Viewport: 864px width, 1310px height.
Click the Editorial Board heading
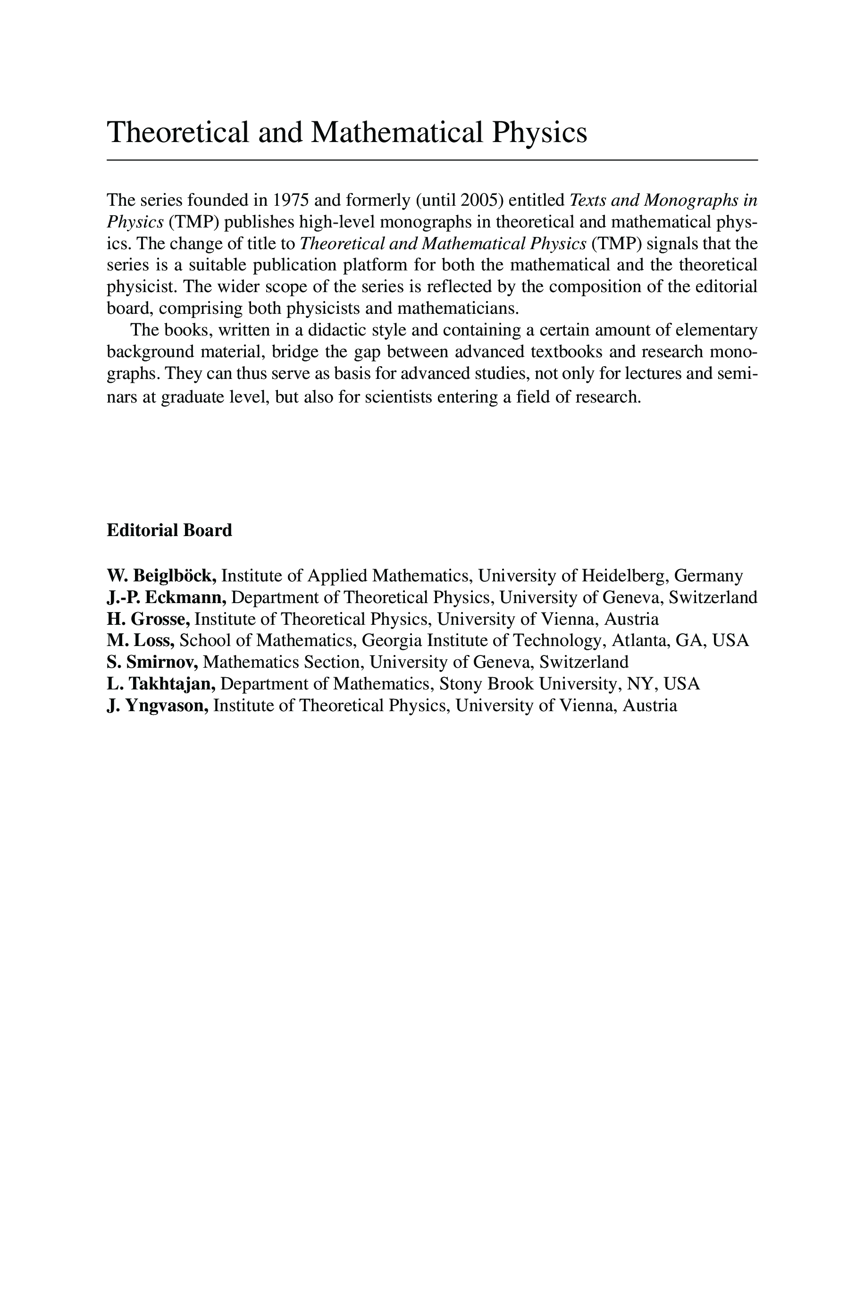click(169, 530)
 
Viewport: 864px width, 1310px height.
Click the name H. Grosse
click(148, 619)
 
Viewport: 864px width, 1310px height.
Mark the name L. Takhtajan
click(161, 684)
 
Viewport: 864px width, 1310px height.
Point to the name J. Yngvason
click(158, 705)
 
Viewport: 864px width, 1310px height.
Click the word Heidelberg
click(625, 576)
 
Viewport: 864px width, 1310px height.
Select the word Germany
click(709, 576)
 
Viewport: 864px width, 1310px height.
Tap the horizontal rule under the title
click(432, 160)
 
